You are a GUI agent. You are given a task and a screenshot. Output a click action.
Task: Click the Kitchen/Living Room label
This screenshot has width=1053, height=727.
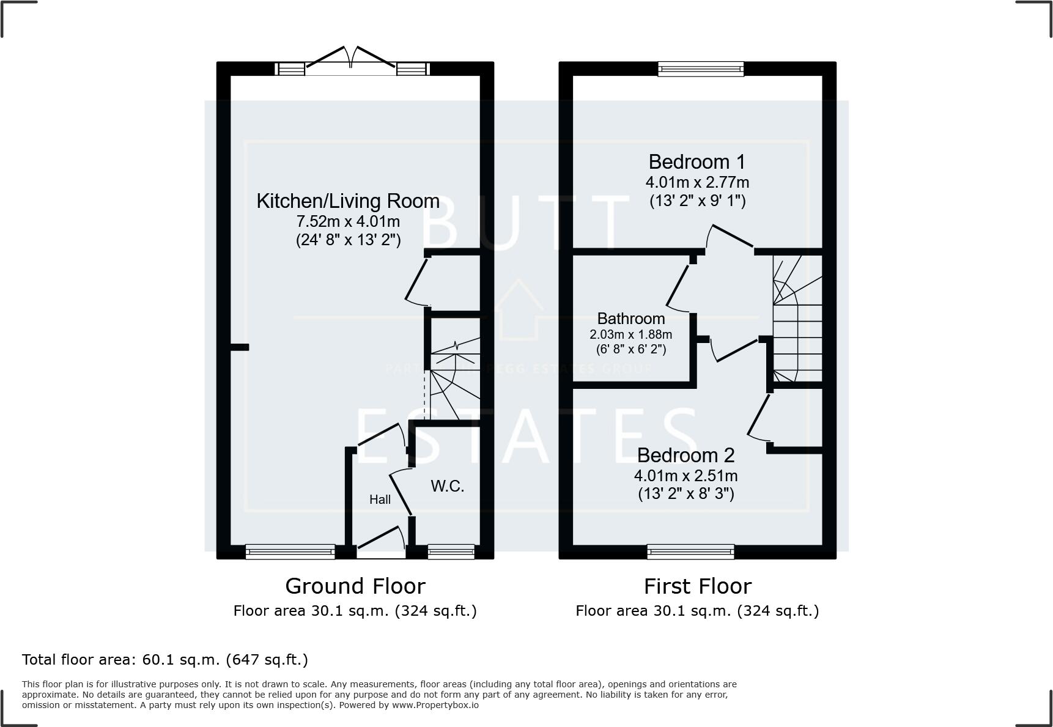pyautogui.click(x=347, y=201)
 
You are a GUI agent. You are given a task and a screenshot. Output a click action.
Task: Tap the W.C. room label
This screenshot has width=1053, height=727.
pyautogui.click(x=447, y=487)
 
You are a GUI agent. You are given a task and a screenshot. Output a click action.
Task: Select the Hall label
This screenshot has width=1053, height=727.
pyautogui.click(x=380, y=500)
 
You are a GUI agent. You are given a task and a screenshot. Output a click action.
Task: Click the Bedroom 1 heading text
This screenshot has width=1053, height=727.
pyautogui.click(x=696, y=162)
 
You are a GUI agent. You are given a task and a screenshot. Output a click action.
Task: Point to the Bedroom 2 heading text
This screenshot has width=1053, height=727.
pyautogui.click(x=685, y=456)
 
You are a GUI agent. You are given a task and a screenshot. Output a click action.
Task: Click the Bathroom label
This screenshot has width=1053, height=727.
pyautogui.click(x=630, y=319)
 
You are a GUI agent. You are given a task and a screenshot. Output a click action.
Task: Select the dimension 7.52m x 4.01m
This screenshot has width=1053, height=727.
pyautogui.click(x=347, y=221)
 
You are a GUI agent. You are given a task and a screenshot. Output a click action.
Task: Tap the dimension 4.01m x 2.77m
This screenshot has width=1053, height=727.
pyautogui.click(x=696, y=182)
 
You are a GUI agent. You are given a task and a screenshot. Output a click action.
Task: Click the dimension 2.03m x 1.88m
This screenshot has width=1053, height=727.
pyautogui.click(x=630, y=334)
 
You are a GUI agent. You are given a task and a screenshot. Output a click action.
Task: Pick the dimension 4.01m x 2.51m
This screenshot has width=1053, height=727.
pyautogui.click(x=685, y=476)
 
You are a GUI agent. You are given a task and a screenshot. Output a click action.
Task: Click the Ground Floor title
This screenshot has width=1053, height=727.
pyautogui.click(x=355, y=586)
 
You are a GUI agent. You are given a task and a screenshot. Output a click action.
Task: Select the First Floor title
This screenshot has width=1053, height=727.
pyautogui.click(x=697, y=586)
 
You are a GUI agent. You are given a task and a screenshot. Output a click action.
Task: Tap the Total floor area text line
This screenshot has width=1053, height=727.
pyautogui.click(x=165, y=660)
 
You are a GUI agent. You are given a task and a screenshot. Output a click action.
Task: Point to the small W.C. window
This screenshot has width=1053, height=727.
pyautogui.click(x=451, y=552)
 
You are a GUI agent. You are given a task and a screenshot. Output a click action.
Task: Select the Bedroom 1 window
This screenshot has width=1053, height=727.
pyautogui.click(x=701, y=69)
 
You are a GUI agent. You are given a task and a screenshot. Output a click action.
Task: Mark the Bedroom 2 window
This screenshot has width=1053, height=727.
pyautogui.click(x=690, y=552)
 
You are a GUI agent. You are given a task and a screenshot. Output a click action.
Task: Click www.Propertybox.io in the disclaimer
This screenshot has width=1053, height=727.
pyautogui.click(x=435, y=705)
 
